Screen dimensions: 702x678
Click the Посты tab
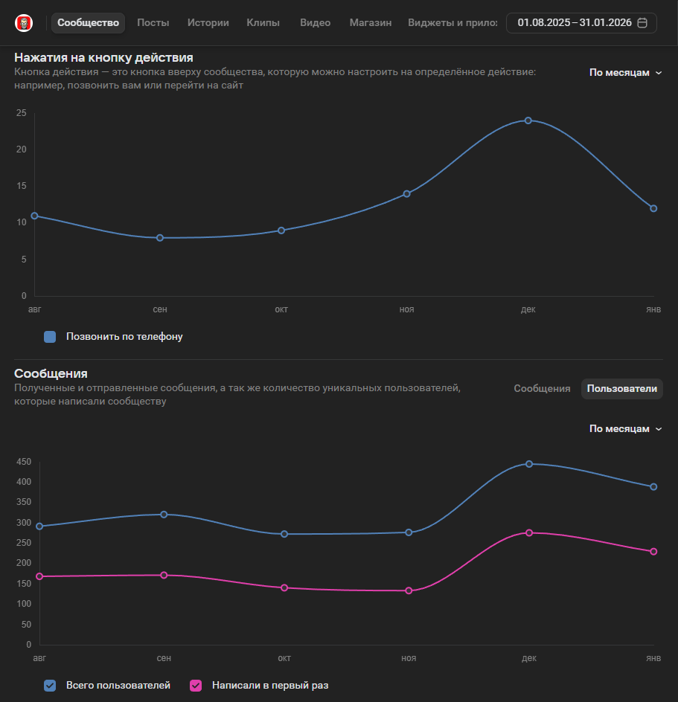point(153,23)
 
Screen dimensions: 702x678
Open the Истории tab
point(208,23)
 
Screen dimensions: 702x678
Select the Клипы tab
point(263,23)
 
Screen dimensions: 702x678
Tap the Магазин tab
point(371,23)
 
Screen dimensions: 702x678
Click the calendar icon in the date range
point(642,23)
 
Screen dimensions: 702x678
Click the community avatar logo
point(24,23)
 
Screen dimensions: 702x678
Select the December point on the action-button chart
point(528,120)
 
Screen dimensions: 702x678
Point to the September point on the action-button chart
point(160,238)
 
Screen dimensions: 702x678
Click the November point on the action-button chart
point(406,194)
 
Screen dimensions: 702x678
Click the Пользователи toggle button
point(622,389)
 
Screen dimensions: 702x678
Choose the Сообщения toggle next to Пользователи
point(542,389)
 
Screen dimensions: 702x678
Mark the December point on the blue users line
point(529,464)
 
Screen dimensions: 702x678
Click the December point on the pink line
point(529,533)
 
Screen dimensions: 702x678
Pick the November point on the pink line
point(409,591)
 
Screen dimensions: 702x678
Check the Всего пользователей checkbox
point(50,686)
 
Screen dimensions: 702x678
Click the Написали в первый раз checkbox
point(196,686)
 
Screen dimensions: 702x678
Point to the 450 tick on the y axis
point(23,462)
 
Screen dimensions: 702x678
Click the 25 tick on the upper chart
point(21,113)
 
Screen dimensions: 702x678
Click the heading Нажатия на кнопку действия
point(103,58)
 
